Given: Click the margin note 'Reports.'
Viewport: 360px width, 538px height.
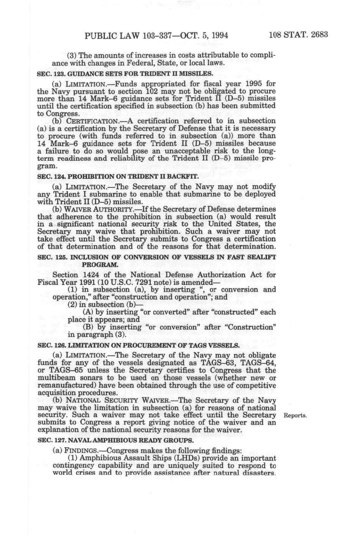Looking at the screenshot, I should coord(296,415).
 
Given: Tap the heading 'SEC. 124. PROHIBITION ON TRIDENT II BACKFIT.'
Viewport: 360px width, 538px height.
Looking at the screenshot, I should coord(118,177).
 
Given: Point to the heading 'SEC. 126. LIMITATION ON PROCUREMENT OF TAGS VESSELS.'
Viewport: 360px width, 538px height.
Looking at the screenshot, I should coord(138,346).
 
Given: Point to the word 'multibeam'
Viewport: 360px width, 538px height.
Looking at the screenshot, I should coord(56,378).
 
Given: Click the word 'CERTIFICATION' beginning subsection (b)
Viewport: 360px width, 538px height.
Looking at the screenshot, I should coord(92,121).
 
